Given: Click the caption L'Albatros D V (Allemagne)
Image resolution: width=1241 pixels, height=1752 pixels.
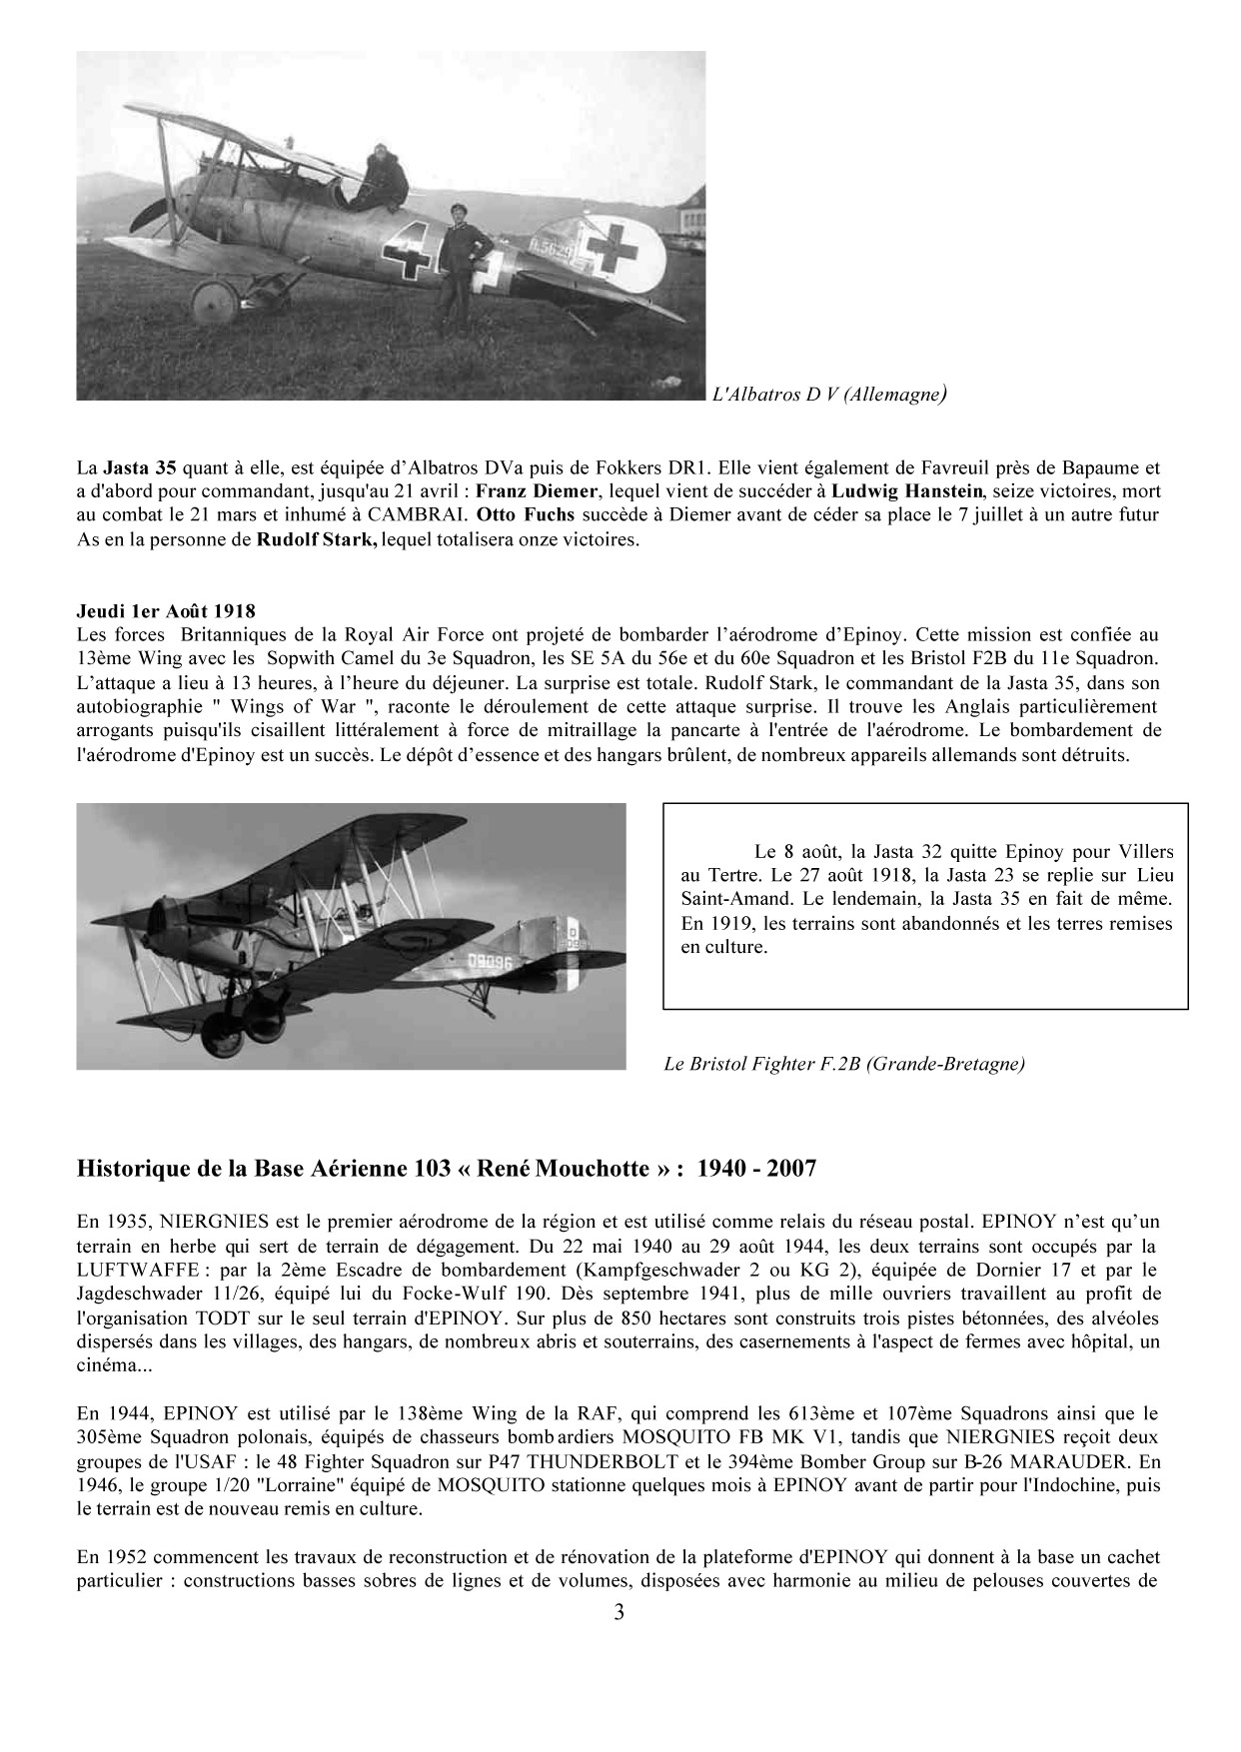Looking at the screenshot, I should [x=828, y=395].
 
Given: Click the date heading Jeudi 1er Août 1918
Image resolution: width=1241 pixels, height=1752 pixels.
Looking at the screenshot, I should [x=166, y=610].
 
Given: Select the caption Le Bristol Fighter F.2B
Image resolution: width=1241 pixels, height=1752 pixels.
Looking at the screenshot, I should [x=844, y=1064].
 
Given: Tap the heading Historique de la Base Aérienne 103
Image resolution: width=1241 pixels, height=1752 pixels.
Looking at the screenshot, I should [x=447, y=1168].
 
